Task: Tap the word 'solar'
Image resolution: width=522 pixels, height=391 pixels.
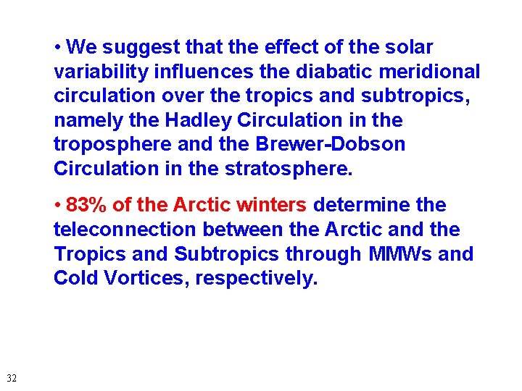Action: coord(410,48)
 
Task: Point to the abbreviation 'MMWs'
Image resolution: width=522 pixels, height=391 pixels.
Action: coord(395,254)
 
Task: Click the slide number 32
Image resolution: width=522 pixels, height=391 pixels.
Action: coord(12,378)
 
